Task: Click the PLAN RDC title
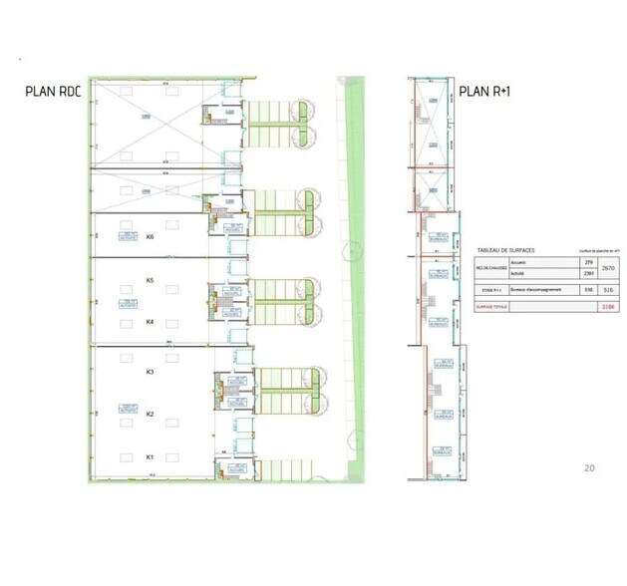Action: [x=53, y=91]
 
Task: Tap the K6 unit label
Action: [x=150, y=237]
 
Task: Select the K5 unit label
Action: [x=150, y=280]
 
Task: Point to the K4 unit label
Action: [x=150, y=322]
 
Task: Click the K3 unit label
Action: [x=150, y=372]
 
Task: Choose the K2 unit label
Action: [x=150, y=414]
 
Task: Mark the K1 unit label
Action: [x=150, y=456]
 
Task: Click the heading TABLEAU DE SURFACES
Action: [x=507, y=250]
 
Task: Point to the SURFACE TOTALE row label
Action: [x=492, y=307]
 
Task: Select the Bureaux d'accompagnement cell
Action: [x=535, y=289]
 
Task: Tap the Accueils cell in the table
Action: [x=518, y=262]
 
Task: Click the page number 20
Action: [x=588, y=467]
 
